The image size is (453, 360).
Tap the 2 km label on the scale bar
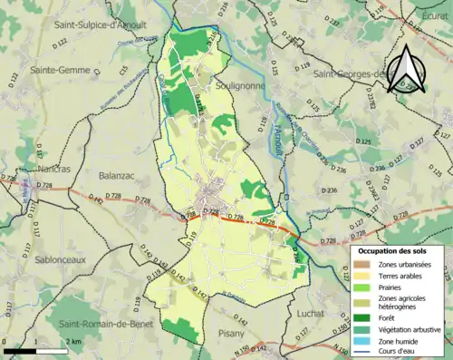(x=72, y=341)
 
